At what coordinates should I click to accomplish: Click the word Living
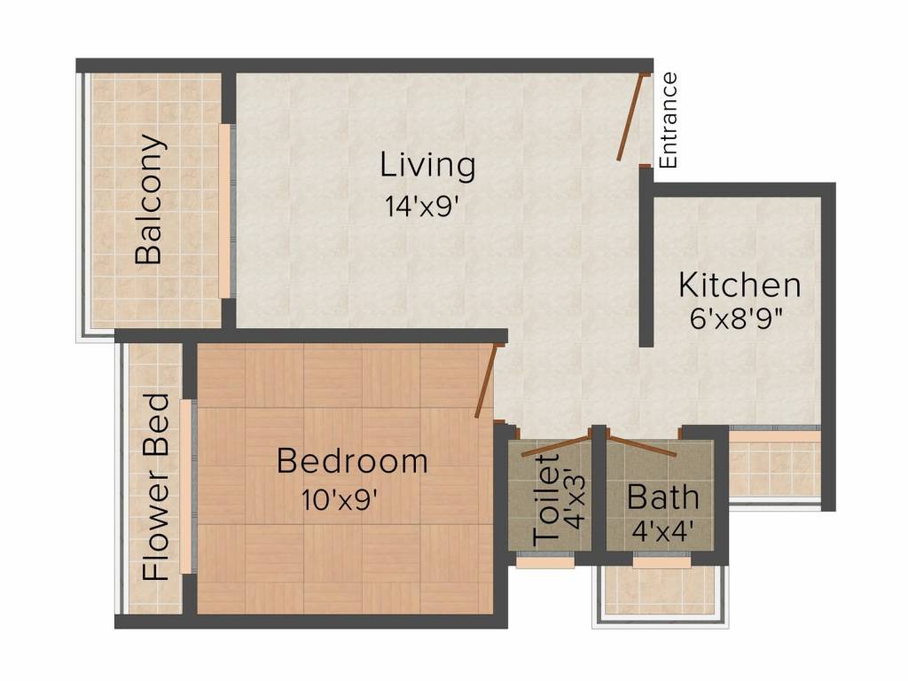click(427, 165)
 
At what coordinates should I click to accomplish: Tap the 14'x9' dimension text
click(426, 206)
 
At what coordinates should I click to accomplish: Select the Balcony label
click(148, 200)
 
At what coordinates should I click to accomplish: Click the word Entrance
click(668, 120)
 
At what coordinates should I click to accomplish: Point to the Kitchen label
click(740, 285)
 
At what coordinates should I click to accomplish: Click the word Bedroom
click(352, 461)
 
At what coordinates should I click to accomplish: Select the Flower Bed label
click(156, 487)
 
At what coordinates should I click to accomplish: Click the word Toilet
click(546, 499)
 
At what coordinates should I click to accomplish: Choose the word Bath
click(663, 497)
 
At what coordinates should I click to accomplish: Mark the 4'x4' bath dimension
click(663, 531)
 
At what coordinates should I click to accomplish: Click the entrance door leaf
click(630, 116)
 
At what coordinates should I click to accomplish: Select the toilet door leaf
click(556, 446)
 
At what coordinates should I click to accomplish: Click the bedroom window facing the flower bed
click(186, 487)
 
